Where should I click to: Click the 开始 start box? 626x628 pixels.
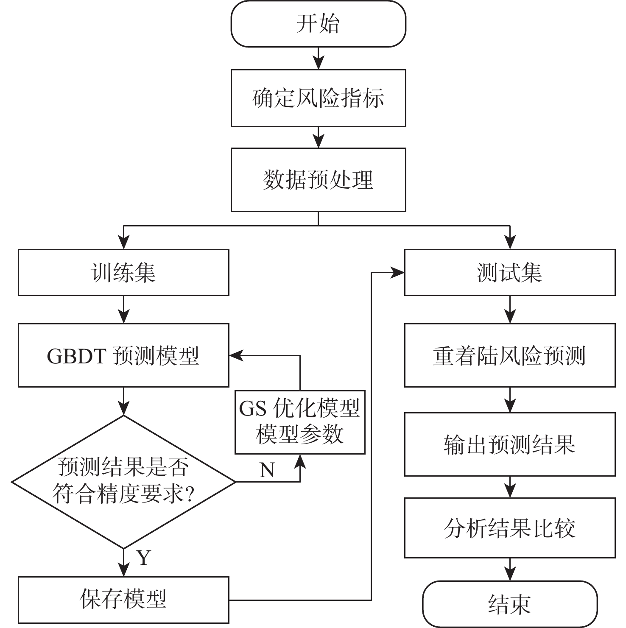318,24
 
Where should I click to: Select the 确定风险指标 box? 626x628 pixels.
318,98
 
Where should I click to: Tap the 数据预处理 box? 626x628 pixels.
318,180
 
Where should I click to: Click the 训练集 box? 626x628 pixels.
123,273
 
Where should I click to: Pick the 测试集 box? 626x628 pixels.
509,273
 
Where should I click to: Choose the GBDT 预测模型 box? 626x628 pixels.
123,355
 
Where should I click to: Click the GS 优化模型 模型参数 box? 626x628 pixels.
300,422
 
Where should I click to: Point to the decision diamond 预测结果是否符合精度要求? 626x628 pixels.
123,482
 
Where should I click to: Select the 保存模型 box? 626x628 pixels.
123,600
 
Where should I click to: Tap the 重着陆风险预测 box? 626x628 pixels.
509,355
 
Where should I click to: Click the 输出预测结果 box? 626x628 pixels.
509,444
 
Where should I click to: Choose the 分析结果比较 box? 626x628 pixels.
509,528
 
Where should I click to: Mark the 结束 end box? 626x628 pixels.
509,604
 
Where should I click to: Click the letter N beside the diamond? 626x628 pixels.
267,470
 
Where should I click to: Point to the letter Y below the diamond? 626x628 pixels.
144,558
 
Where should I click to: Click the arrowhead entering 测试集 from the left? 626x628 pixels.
398,273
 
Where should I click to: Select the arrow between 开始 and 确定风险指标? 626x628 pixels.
318,59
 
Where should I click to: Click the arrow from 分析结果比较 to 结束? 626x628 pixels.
509,569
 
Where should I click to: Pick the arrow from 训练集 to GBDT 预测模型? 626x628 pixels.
123,310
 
